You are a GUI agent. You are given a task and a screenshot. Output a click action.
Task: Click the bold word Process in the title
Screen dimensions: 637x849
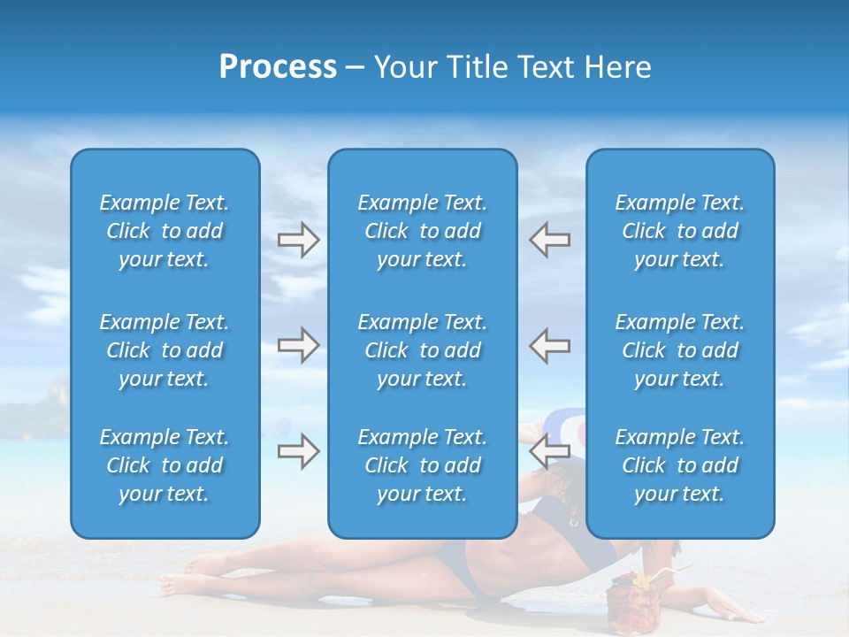point(278,67)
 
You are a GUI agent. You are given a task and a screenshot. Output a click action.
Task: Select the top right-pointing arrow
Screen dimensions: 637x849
point(299,240)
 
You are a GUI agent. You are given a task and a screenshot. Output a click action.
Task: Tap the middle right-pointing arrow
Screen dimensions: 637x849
point(299,345)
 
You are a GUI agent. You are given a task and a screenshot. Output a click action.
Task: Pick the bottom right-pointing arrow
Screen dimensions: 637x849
point(299,452)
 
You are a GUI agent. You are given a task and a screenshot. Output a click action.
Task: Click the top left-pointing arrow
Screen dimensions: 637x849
point(549,240)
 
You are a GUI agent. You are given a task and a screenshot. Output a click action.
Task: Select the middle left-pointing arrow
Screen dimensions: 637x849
point(549,345)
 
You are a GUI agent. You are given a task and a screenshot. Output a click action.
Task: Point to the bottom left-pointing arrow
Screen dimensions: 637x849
point(549,452)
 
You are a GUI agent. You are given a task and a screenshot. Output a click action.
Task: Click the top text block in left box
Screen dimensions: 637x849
point(164,231)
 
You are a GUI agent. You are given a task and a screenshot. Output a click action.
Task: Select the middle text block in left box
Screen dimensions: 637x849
point(164,350)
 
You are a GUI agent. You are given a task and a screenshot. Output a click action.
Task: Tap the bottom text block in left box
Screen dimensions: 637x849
point(164,465)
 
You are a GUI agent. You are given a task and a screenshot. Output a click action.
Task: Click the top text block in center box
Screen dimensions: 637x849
point(422,231)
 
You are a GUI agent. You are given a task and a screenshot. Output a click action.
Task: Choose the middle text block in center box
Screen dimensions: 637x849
point(422,350)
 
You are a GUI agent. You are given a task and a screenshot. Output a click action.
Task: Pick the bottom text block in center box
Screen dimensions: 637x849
point(422,465)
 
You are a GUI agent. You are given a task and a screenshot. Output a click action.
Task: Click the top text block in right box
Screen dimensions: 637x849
point(679,231)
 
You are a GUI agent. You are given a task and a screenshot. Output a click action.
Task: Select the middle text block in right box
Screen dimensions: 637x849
point(679,350)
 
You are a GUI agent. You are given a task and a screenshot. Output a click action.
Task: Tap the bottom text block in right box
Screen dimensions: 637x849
point(679,465)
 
